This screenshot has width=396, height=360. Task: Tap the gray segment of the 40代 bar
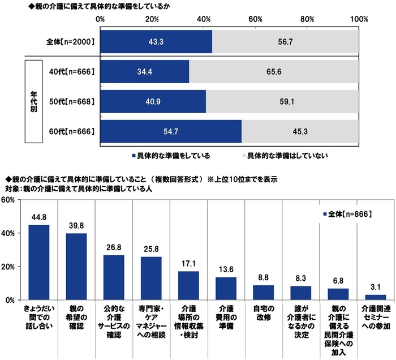274,72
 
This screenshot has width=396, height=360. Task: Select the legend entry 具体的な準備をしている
170,154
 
